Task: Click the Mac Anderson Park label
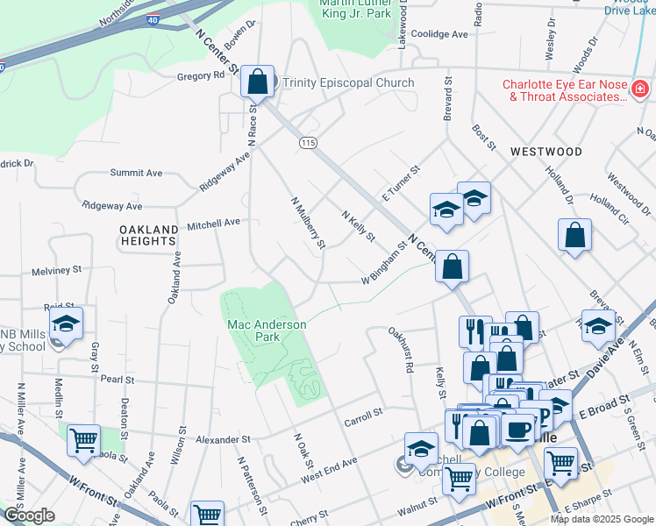[x=267, y=330]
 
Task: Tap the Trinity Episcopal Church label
[x=347, y=83]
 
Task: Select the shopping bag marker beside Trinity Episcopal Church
[x=258, y=82]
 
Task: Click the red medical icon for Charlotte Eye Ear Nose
[x=640, y=89]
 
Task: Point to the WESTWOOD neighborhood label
[x=546, y=152]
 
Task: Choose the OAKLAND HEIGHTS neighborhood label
[x=149, y=235]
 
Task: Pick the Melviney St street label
[x=55, y=270]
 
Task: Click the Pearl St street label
[x=116, y=380]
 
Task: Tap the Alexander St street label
[x=223, y=439]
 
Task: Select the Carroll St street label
[x=364, y=411]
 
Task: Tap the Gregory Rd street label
[x=201, y=76]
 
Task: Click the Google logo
[x=29, y=515]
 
